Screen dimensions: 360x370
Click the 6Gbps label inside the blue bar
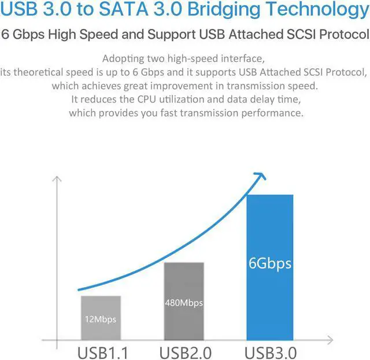click(x=270, y=264)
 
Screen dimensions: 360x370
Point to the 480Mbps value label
click(x=184, y=303)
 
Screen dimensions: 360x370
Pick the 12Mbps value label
click(x=101, y=319)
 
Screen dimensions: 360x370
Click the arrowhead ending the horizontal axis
click(x=330, y=339)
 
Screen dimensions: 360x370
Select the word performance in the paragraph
click(x=271, y=112)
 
